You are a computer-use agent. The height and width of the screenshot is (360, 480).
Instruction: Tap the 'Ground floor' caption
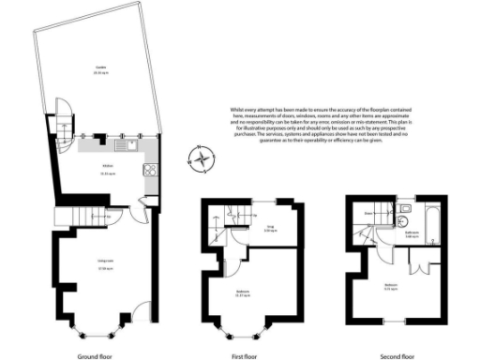click(x=96, y=356)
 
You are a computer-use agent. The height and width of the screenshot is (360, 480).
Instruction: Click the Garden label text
click(x=99, y=68)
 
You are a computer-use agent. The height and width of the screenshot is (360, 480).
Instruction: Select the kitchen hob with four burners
click(x=149, y=172)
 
